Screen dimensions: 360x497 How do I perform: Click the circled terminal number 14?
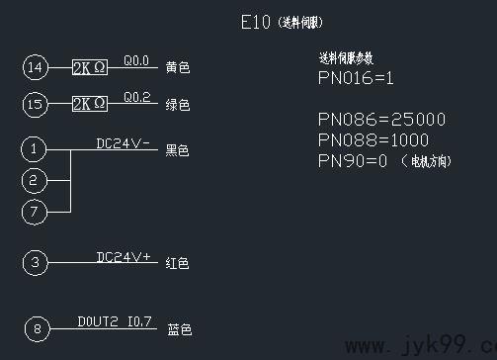[x=36, y=67]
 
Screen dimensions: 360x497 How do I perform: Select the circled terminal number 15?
[x=36, y=104]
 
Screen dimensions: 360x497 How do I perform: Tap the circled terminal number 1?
[x=36, y=149]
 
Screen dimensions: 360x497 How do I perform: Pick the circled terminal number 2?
[x=36, y=180]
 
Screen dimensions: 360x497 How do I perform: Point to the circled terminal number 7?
[x=36, y=212]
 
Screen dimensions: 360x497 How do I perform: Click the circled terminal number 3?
[x=36, y=262]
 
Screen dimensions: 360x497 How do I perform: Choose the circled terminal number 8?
[x=36, y=329]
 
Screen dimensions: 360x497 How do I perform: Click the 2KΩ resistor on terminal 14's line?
[x=89, y=67]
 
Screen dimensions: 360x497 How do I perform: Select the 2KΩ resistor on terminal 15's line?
[x=89, y=104]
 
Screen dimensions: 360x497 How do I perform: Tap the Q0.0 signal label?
[x=136, y=61]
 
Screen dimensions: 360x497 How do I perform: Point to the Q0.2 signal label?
[x=136, y=97]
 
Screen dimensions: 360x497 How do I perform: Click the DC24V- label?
[x=123, y=143]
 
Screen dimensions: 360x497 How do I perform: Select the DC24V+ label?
[x=124, y=257]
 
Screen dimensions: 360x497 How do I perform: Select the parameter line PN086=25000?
[x=381, y=120]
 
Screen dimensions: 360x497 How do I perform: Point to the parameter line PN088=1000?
[x=373, y=139]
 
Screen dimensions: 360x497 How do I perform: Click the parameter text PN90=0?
[x=353, y=160]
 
